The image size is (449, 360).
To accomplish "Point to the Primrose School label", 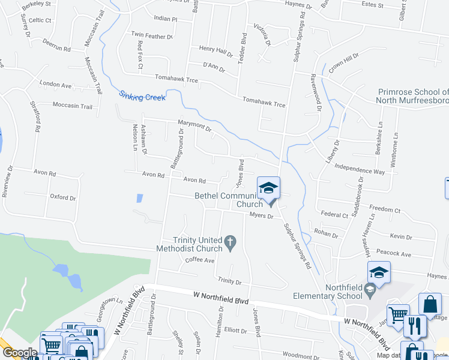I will (x=412, y=96).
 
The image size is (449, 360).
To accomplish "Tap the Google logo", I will (x=19, y=353).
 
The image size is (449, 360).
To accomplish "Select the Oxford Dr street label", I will (x=63, y=197).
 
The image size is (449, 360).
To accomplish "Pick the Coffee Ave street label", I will (x=199, y=260).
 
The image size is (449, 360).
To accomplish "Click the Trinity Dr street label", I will (x=229, y=281).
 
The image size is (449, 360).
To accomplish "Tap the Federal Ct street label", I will (x=334, y=214).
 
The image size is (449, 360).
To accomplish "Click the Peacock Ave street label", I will (x=393, y=254).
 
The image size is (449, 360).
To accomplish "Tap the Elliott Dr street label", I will (x=235, y=331).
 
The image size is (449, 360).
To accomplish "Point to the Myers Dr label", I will (x=262, y=215).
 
